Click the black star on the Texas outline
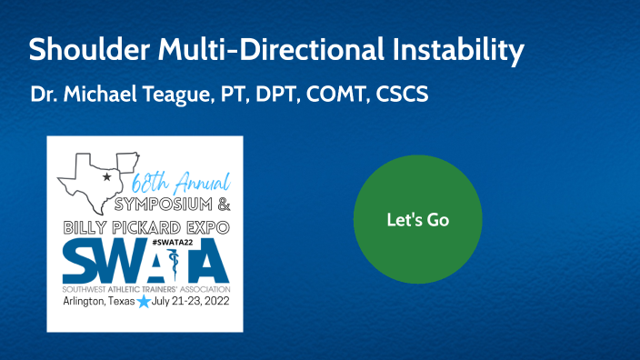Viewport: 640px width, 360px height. click(x=106, y=176)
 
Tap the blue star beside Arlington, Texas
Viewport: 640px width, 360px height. click(x=142, y=301)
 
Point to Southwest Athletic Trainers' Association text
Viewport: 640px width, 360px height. click(x=145, y=287)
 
